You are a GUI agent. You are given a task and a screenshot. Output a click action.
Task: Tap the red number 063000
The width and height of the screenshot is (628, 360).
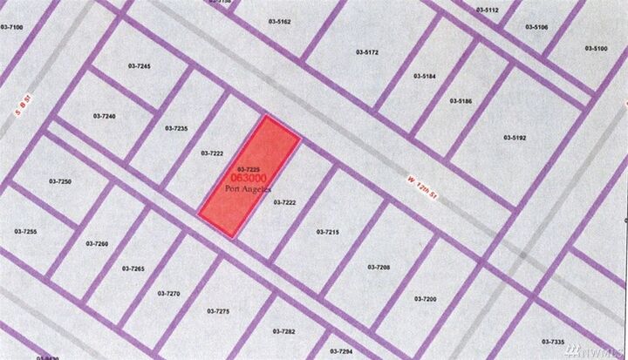pyautogui.click(x=249, y=178)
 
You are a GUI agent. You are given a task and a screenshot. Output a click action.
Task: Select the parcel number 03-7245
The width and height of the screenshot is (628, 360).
pyautogui.click(x=139, y=67)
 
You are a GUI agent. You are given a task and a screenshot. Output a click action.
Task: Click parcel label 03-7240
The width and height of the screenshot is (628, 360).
pyautogui.click(x=105, y=115)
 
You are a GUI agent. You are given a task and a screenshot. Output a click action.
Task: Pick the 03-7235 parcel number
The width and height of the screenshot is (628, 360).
pyautogui.click(x=175, y=128)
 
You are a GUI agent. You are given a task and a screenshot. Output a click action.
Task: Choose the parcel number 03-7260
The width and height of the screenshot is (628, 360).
pyautogui.click(x=97, y=244)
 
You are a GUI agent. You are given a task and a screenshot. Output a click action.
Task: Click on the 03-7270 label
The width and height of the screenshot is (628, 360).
pyautogui.click(x=168, y=294)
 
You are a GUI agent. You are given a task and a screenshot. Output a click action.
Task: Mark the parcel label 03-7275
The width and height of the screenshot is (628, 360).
pyautogui.click(x=218, y=311)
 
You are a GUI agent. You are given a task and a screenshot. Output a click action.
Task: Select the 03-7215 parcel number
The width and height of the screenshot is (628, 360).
pyautogui.click(x=326, y=232)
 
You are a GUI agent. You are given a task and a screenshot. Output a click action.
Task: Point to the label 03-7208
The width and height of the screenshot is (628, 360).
pyautogui.click(x=379, y=267)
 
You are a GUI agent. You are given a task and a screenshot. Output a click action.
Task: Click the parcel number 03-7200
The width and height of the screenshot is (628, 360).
pyautogui.click(x=425, y=299)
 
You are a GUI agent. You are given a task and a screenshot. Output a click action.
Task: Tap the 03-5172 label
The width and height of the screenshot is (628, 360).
pyautogui.click(x=367, y=52)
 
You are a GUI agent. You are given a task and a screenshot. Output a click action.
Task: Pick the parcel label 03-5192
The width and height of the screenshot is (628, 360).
pyautogui.click(x=515, y=137)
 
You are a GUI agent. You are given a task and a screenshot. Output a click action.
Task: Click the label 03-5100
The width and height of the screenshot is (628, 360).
pyautogui.click(x=595, y=48)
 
